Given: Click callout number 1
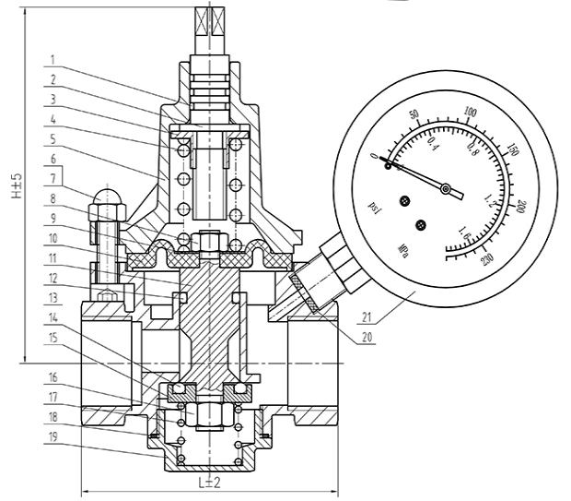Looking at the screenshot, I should [53, 61].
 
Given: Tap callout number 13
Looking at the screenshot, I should [53, 297].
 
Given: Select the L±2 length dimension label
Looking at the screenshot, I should [211, 482].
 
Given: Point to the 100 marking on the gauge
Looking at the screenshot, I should [473, 114].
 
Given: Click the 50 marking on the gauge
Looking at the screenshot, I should [414, 116].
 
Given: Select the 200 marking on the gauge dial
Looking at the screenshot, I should [521, 208].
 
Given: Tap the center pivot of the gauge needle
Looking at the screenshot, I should [446, 190].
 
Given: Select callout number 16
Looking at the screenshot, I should [53, 376].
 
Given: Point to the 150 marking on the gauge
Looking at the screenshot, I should [513, 149].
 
